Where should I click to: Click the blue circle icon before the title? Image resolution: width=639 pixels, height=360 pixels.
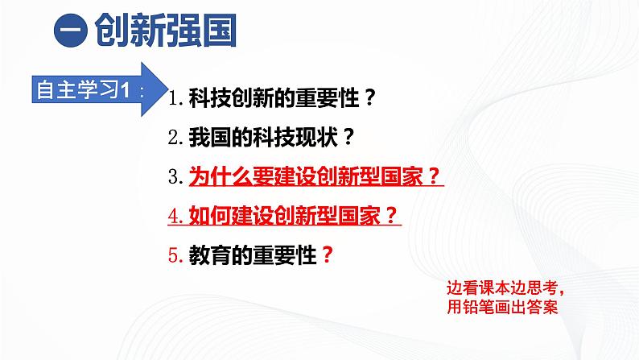pos(72,34)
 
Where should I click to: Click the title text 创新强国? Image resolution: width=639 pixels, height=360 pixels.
pos(165,34)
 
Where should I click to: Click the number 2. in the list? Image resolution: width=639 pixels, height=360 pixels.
pos(177,138)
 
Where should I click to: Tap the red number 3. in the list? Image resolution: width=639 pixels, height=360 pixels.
pos(177,176)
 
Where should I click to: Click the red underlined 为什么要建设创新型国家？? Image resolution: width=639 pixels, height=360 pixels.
pos(315,176)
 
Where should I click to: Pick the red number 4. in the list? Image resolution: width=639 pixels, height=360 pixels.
pos(177,215)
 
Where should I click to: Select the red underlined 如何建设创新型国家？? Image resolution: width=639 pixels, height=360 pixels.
pos(294,214)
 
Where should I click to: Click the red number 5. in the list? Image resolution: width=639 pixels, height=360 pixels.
pos(177,254)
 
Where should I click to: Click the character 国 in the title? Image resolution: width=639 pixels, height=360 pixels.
pos(218,34)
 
